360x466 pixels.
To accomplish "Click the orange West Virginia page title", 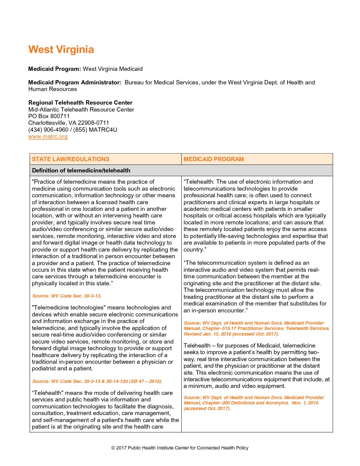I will pyautogui.click(x=61, y=50).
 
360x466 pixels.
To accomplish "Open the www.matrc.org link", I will pyautogui.click(x=48, y=136).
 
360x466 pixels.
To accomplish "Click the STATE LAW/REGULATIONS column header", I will pyautogui.click(x=70, y=159).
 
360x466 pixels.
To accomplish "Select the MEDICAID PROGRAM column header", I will pyautogui.click(x=213, y=159).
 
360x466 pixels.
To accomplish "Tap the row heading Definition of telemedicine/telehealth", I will pyautogui.click(x=81, y=170).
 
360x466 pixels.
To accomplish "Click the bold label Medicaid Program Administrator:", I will pyautogui.click(x=75, y=82).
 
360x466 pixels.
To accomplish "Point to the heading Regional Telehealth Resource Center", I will pyautogui.click(x=80, y=103).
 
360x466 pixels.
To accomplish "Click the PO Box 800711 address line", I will pyautogui.click(x=49, y=116).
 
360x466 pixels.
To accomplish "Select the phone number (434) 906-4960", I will pyautogui.click(x=48, y=130).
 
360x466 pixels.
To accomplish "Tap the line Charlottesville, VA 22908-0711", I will pyautogui.click(x=68, y=123).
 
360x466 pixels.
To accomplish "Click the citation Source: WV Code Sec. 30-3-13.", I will pyautogui.click(x=67, y=296).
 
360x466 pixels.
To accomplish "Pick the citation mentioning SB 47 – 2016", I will pyautogui.click(x=97, y=381).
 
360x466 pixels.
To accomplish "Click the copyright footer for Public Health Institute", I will pyautogui.click(x=180, y=448).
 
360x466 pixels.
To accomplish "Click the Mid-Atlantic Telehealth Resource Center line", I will pyautogui.click(x=81, y=110).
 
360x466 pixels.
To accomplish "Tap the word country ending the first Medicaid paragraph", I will pyautogui.click(x=193, y=250).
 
